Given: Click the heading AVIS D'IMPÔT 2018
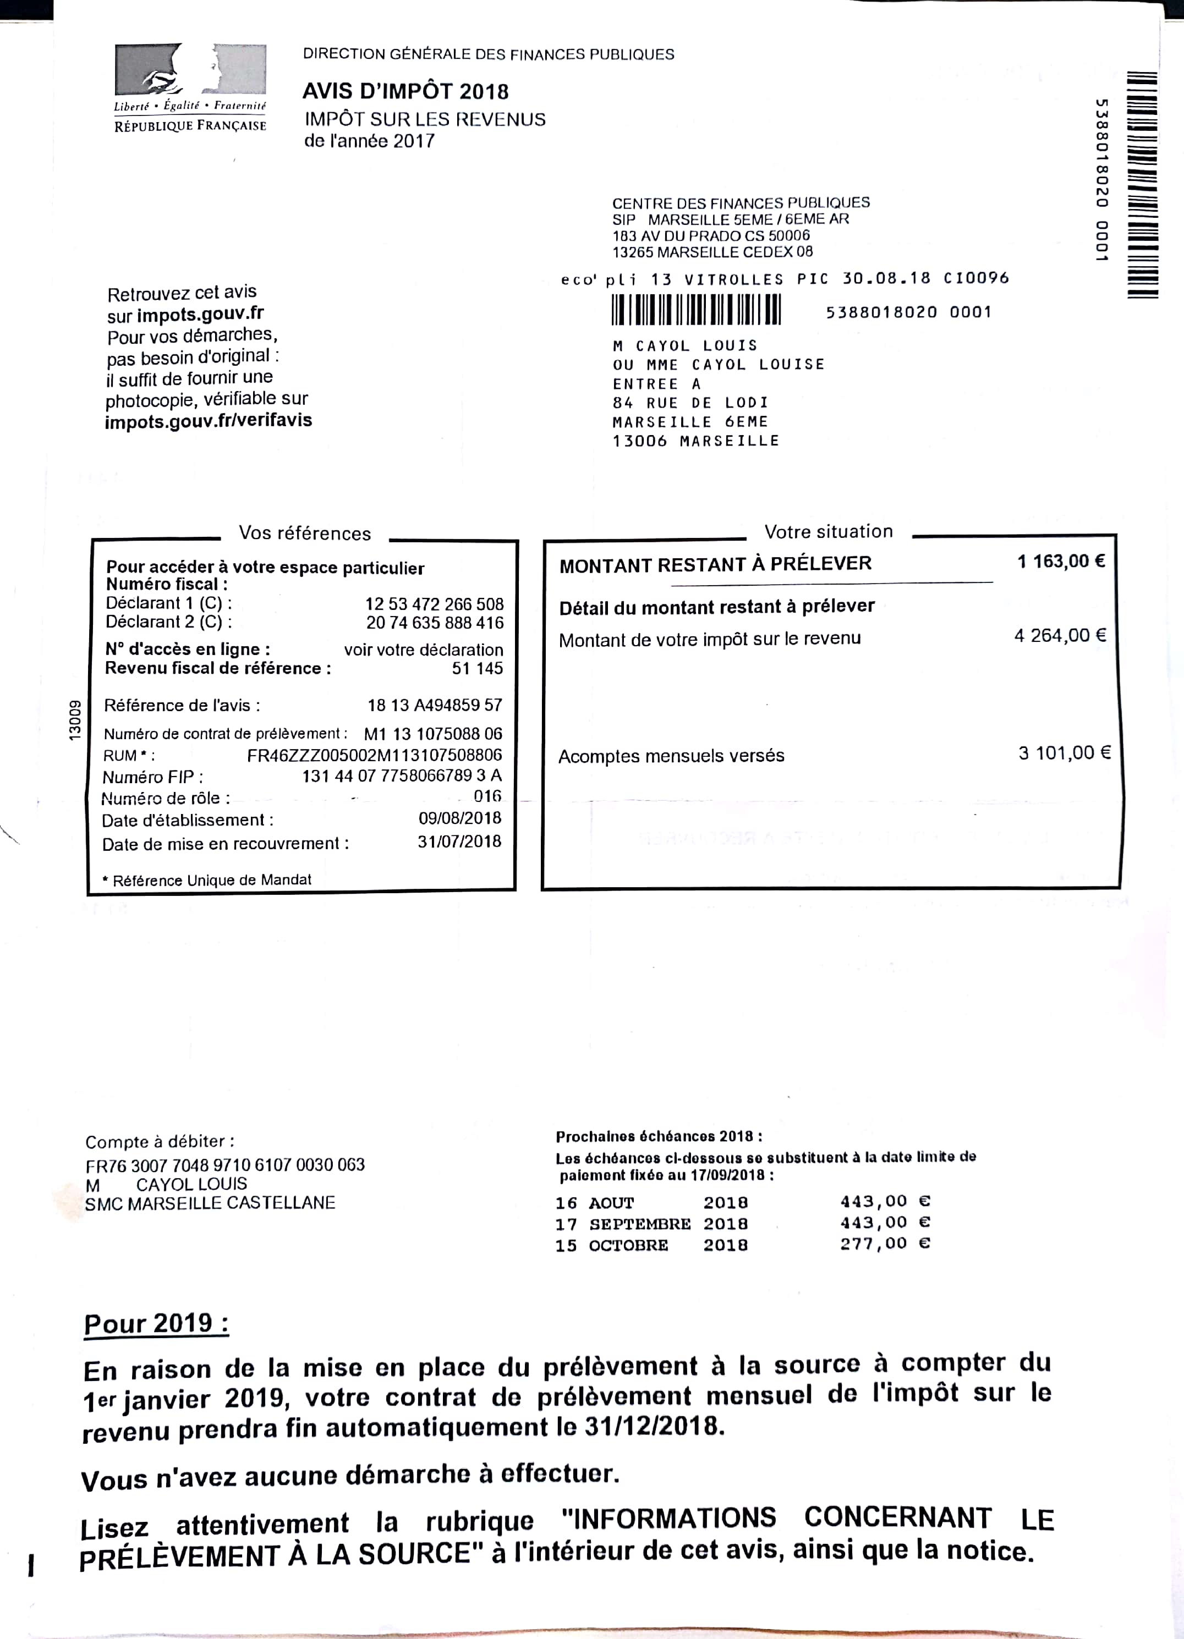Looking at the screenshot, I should (x=405, y=91).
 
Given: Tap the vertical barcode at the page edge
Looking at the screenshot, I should (x=1142, y=184).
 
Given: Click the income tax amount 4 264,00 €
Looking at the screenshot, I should (x=1060, y=635).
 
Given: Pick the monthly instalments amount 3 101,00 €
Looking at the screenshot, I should (x=1064, y=753).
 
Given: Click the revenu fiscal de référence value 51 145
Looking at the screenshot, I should (x=477, y=668).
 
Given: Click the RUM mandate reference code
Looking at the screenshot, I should (x=375, y=755).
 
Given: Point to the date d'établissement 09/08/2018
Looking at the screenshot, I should (x=460, y=818).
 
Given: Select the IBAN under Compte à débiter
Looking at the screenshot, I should (x=225, y=1165).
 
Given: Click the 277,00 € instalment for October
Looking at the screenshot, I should (x=885, y=1244).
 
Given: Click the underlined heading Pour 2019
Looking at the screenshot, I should (x=156, y=1324).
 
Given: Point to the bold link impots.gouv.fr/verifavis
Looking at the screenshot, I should (x=208, y=421).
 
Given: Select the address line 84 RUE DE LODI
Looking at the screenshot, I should (x=690, y=403).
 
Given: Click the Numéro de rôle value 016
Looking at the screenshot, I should (x=487, y=796).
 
